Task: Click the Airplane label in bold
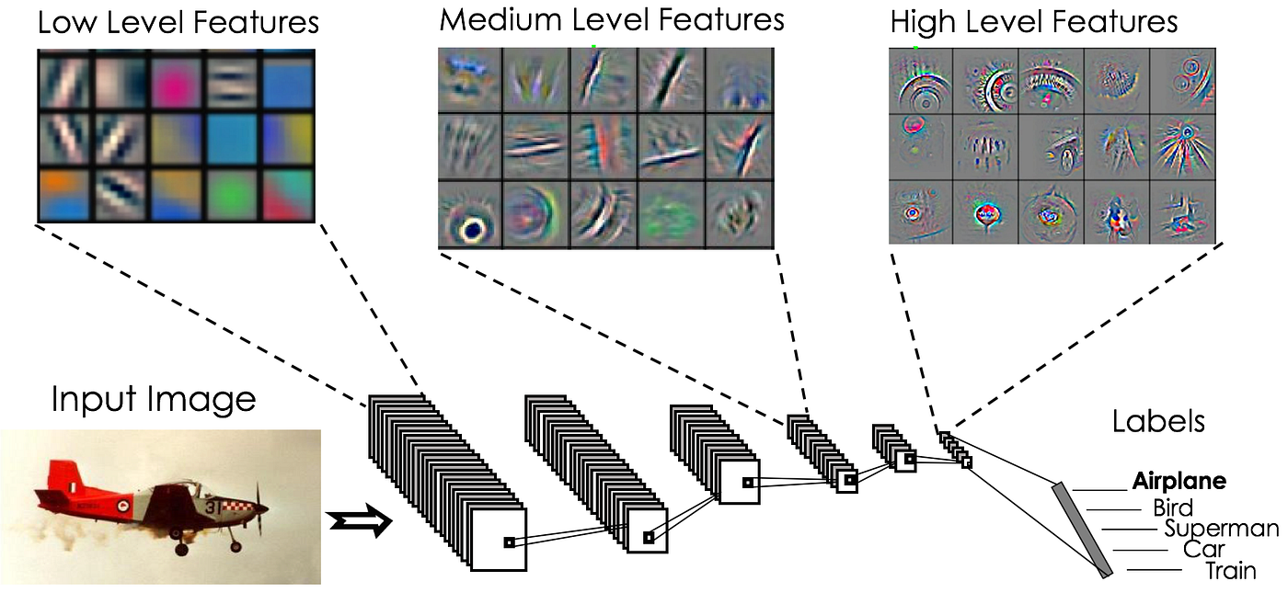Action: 1179,481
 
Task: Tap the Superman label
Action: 1220,529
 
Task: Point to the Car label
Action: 1203,550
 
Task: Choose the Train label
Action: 1230,571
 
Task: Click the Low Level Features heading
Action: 178,22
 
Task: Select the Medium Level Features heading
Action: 612,19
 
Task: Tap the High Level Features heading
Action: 1033,22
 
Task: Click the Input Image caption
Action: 153,400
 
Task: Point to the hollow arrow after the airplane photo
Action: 360,523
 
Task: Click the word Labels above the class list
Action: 1157,422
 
